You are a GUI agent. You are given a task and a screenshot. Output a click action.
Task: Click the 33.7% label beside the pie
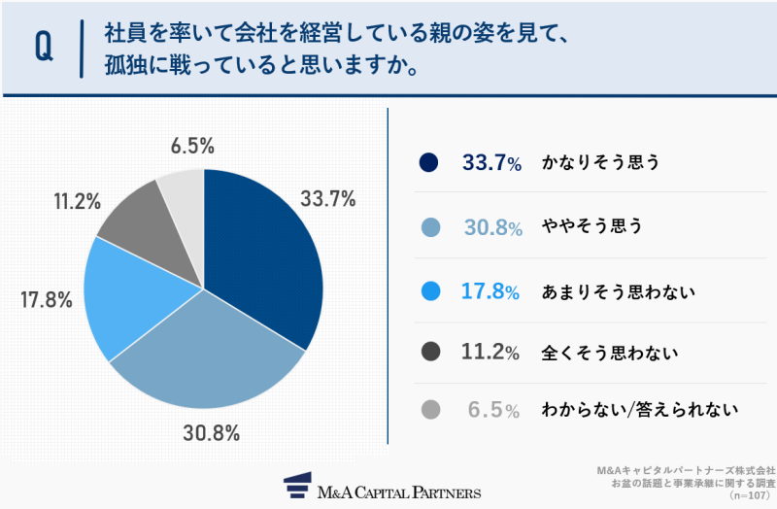[x=327, y=200]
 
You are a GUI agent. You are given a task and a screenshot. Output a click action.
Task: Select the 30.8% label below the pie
[x=211, y=433]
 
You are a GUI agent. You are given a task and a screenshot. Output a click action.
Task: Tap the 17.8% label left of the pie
[x=46, y=300]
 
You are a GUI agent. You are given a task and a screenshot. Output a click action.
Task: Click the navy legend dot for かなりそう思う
[x=431, y=163]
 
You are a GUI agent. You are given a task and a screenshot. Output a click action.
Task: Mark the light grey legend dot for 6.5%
[x=431, y=411]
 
